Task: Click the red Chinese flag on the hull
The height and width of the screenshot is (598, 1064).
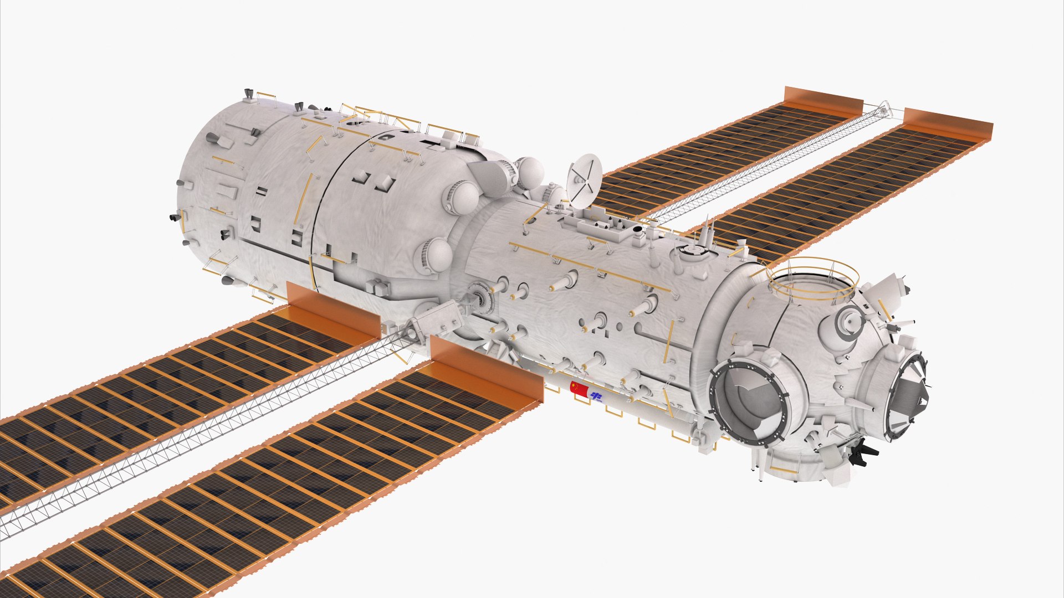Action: click(x=579, y=388)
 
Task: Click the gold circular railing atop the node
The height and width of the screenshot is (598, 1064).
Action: click(x=813, y=280)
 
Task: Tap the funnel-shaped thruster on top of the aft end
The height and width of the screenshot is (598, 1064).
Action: click(x=249, y=96)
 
